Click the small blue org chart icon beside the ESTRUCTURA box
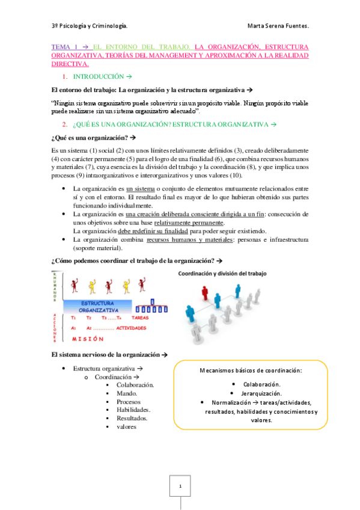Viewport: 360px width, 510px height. pyautogui.click(x=152, y=307)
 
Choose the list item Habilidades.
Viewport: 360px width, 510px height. pyautogui.click(x=133, y=410)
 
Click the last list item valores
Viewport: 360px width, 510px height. pyautogui.click(x=127, y=426)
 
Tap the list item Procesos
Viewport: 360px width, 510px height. pyautogui.click(x=129, y=401)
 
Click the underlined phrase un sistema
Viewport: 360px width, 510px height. pyautogui.click(x=141, y=188)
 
